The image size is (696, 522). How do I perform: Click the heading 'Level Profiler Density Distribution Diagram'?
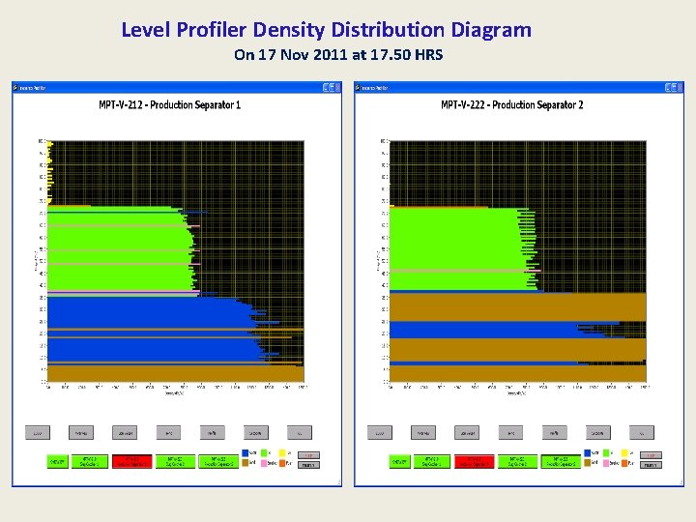click(326, 30)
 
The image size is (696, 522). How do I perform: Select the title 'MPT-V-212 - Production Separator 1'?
click(170, 104)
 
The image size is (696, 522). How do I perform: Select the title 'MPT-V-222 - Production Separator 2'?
click(512, 104)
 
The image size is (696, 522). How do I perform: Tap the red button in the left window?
click(137, 461)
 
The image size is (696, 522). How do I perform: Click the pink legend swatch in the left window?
click(264, 464)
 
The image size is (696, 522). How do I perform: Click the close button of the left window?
click(336, 87)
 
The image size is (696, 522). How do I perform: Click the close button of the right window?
click(678, 87)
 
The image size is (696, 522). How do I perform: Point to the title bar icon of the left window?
click(16, 87)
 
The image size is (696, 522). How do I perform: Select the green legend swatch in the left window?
click(264, 452)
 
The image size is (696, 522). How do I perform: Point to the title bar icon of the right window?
click(359, 87)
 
